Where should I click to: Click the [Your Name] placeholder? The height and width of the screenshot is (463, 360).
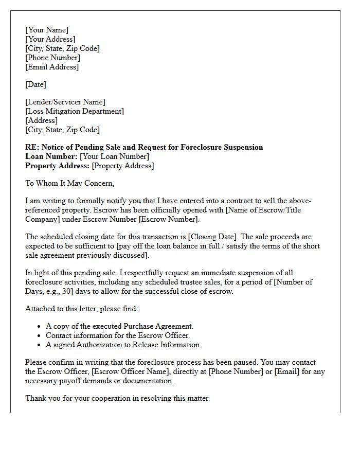[x=47, y=30]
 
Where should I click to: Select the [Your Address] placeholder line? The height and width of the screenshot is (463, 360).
[x=50, y=39]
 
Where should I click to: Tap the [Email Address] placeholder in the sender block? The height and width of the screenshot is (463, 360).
[x=52, y=67]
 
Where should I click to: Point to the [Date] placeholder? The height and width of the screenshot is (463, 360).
[x=35, y=84]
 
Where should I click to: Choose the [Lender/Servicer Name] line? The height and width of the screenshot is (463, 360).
[x=65, y=102]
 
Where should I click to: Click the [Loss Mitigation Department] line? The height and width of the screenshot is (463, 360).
[x=75, y=111]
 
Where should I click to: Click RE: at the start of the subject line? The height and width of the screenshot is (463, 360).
[x=31, y=147]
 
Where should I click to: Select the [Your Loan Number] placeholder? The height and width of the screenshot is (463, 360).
[x=114, y=156]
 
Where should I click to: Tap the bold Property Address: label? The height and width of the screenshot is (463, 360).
[x=57, y=166]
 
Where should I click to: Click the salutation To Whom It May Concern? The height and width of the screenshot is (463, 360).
[x=69, y=183]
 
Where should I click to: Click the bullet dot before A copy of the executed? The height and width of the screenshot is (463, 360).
[x=40, y=327]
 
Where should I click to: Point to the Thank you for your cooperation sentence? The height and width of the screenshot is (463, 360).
[x=117, y=398]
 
